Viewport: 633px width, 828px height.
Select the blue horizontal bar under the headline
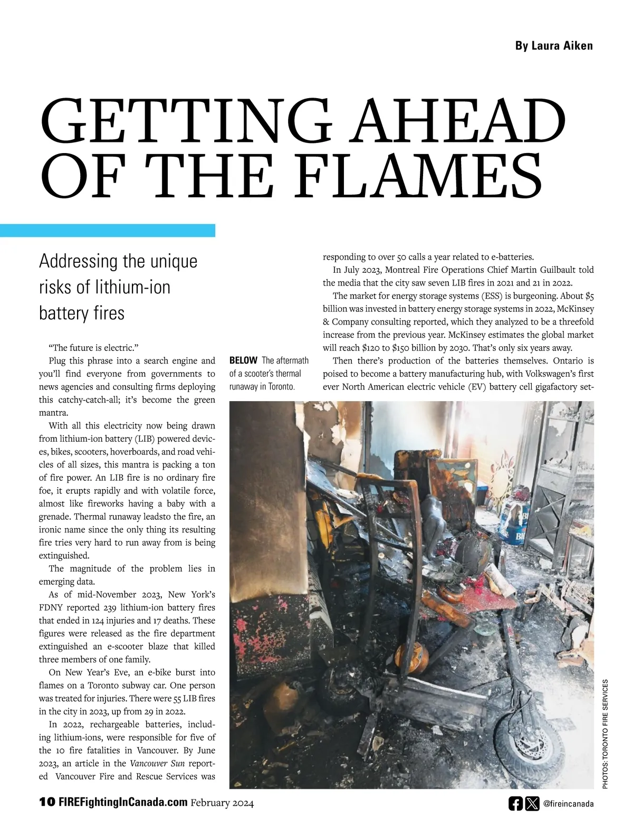[x=108, y=230]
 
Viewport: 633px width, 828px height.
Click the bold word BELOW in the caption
[x=243, y=361]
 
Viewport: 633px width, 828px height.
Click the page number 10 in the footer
[x=46, y=803]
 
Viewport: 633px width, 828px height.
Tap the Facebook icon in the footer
[x=515, y=804]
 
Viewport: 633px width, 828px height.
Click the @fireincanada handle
[x=568, y=804]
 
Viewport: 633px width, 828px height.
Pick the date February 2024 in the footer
[x=222, y=803]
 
